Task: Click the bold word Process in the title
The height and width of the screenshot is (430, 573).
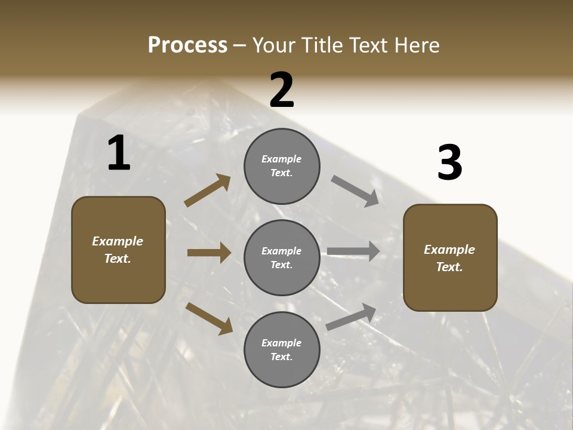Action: (187, 45)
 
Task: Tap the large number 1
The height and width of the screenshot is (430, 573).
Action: (119, 153)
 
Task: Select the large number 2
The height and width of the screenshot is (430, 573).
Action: (282, 90)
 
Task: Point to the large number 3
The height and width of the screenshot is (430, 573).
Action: (449, 163)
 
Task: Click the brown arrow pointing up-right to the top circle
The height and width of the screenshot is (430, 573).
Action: (208, 191)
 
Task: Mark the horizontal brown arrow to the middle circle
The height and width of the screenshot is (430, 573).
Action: (209, 253)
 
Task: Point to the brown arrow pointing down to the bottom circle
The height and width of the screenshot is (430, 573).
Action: (210, 318)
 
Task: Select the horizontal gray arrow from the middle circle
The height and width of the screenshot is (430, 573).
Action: (353, 251)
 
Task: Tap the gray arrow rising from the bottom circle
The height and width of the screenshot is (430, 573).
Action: (352, 317)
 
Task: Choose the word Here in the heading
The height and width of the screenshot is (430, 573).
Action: (417, 45)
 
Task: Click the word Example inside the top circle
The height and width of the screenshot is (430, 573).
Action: (282, 159)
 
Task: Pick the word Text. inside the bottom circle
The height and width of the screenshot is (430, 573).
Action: (282, 357)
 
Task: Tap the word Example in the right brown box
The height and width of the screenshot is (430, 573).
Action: (449, 250)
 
